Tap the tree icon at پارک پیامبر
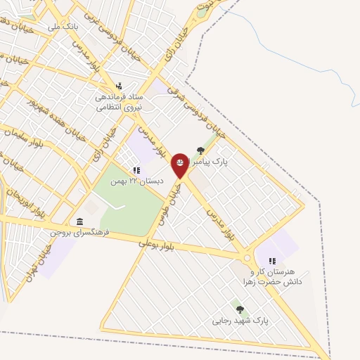[x=201, y=150]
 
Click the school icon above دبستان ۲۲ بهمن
[x=136, y=170]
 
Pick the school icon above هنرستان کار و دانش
[x=272, y=261]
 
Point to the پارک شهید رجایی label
[x=240, y=321]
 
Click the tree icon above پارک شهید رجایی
[x=240, y=309]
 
